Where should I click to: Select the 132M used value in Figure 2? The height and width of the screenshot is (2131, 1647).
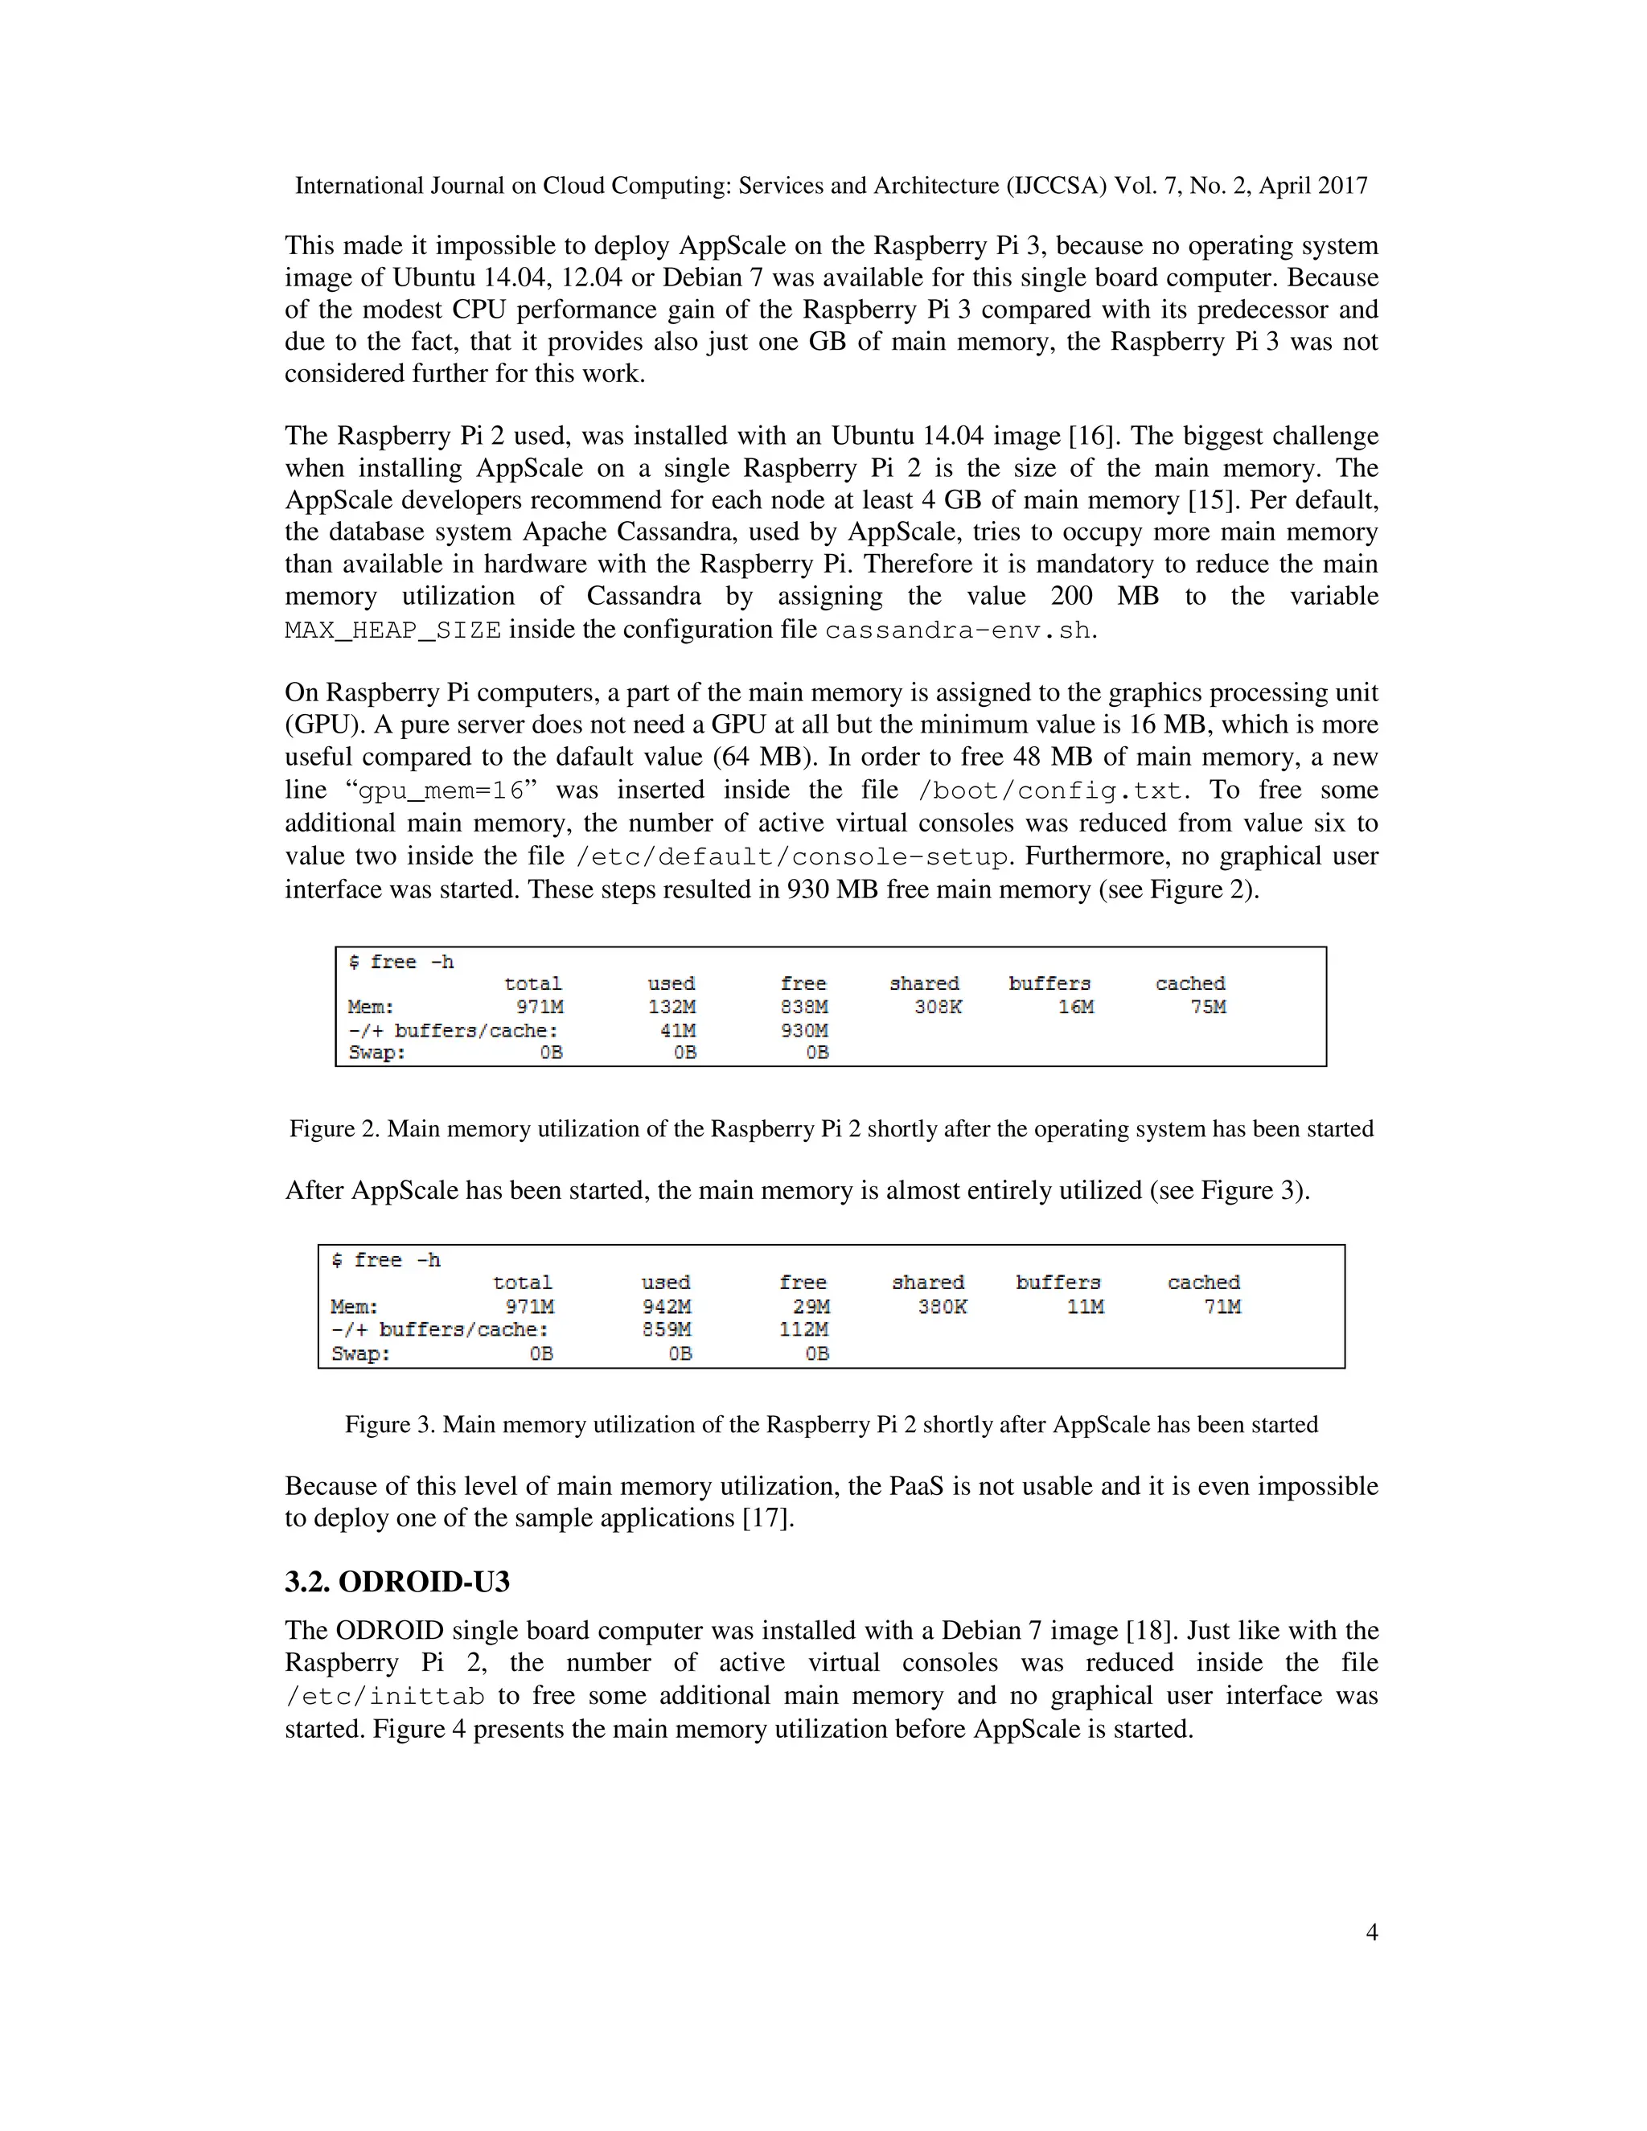pyautogui.click(x=672, y=1006)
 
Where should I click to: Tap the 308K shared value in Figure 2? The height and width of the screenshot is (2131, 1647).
pyautogui.click(x=938, y=1006)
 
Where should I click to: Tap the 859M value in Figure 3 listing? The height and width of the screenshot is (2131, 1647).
pyautogui.click(x=667, y=1329)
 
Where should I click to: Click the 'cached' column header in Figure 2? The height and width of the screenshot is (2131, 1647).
pyautogui.click(x=1189, y=983)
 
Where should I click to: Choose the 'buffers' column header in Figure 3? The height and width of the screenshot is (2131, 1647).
pyautogui.click(x=1058, y=1282)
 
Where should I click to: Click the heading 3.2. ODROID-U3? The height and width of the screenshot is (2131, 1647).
pyautogui.click(x=397, y=1582)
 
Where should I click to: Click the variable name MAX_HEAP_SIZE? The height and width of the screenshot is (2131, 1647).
pyautogui.click(x=393, y=630)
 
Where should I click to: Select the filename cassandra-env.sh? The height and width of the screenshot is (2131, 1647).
pyautogui.click(x=957, y=630)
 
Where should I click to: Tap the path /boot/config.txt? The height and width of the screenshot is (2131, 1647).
pyautogui.click(x=1049, y=790)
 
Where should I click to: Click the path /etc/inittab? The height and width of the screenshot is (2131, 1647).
pyautogui.click(x=384, y=1697)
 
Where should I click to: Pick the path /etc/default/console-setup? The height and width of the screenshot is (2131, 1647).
pyautogui.click(x=791, y=856)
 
